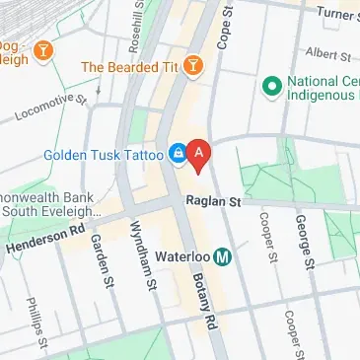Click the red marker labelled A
[200, 155]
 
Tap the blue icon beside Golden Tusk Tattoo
[177, 154]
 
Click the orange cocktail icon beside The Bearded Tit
[195, 66]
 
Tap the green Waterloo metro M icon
[223, 257]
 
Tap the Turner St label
[335, 12]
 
